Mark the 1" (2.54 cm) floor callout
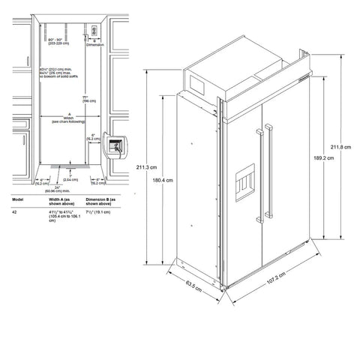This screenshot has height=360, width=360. (68, 178)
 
